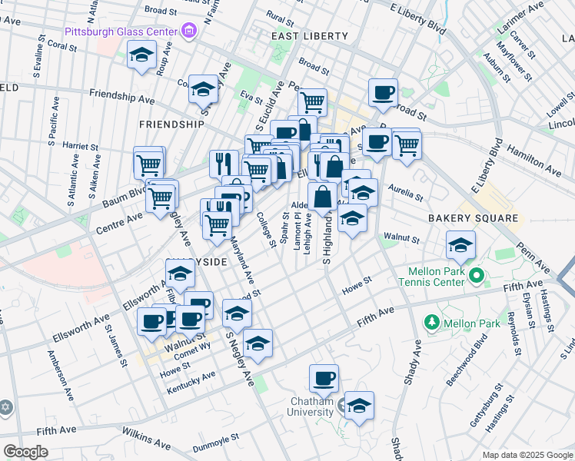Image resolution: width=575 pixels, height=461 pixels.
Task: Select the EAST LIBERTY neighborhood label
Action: coord(299,36)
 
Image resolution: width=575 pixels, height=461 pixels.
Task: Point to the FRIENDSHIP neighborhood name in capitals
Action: coord(171,124)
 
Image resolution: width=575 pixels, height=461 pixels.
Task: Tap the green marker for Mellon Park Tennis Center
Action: coord(477,274)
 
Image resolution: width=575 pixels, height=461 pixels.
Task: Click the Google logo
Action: coord(25,451)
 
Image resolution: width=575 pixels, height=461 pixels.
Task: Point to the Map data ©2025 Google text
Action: coord(526,455)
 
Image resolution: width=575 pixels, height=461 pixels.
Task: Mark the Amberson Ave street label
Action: coord(59,376)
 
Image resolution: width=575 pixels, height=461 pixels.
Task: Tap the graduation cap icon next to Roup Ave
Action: coord(141,54)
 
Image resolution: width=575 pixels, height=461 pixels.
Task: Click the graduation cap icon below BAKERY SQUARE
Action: coord(460,245)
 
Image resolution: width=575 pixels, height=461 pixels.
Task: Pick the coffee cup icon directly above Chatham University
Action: coord(324,378)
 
